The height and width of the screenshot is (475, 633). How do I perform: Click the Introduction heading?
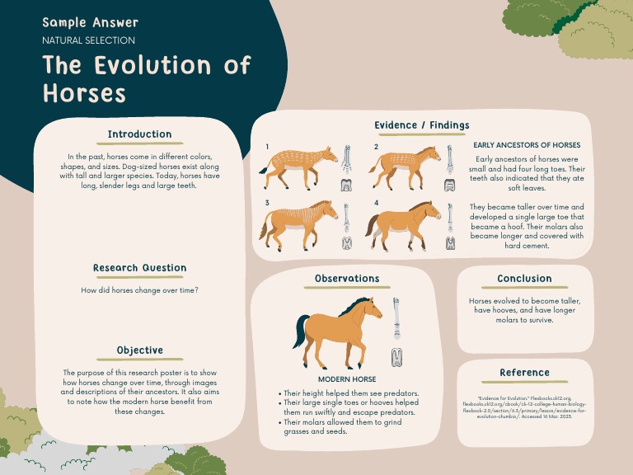(139, 134)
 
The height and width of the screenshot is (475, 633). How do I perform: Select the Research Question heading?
(139, 268)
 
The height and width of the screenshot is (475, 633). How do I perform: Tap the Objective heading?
(139, 350)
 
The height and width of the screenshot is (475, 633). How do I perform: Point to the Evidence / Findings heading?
(421, 125)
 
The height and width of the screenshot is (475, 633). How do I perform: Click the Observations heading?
(347, 279)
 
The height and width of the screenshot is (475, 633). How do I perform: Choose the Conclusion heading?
(524, 279)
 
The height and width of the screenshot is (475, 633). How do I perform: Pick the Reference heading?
(524, 373)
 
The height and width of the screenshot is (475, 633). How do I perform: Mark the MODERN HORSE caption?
(347, 379)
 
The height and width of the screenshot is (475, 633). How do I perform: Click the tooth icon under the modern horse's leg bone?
(396, 356)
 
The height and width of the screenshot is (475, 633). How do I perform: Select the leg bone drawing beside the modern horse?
(396, 318)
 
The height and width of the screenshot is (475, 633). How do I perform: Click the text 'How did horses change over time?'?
(139, 290)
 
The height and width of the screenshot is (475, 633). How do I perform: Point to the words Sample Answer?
(90, 22)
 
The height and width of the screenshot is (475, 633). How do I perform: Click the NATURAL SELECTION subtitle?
(88, 40)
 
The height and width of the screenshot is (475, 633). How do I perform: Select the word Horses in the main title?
(84, 92)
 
